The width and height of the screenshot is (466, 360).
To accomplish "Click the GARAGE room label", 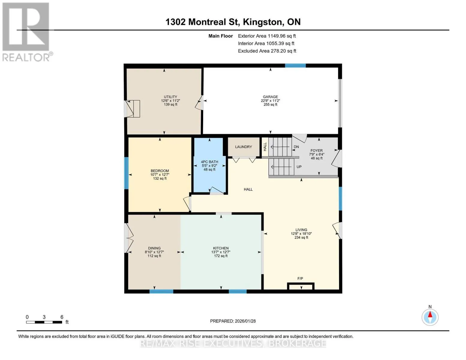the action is pos(270,97).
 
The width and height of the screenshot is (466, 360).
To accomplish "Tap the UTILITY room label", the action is pos(170,97).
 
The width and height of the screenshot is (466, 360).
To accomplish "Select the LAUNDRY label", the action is pos(243,147).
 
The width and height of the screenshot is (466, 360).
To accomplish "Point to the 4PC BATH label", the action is pos(209,162).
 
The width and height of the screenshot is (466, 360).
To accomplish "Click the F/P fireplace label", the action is pos(300,278).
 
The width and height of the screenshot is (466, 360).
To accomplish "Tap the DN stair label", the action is pos(296,147).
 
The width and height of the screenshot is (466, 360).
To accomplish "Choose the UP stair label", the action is pos(299,166).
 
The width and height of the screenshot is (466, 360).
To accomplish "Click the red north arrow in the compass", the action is pos(430,314).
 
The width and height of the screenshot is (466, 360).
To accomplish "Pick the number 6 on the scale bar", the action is pos(62,317).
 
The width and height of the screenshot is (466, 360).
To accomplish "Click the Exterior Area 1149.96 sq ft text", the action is pos(267,36).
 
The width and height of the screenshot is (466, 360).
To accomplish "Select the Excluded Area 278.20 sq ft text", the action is pos(267,51).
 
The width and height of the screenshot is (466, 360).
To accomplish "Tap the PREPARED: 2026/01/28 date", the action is pos(233,321).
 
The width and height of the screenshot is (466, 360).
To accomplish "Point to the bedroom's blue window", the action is pos(127,173).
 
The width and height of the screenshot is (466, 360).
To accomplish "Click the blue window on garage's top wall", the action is pos(295,66).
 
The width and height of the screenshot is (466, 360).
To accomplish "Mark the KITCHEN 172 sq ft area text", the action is pos(221,256).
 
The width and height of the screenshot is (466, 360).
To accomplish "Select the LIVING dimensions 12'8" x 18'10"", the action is pos(301,234).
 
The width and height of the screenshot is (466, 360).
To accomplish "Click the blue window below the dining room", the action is pos(161,291).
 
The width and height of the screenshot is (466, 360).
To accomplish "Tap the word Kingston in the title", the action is pos(263,22).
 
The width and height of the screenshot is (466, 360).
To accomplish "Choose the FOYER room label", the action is pos(317,151).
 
